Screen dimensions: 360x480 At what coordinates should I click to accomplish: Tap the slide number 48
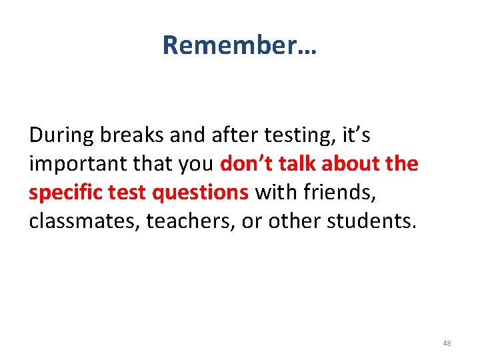click(446, 343)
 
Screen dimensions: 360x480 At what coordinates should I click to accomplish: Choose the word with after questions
click(273, 193)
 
